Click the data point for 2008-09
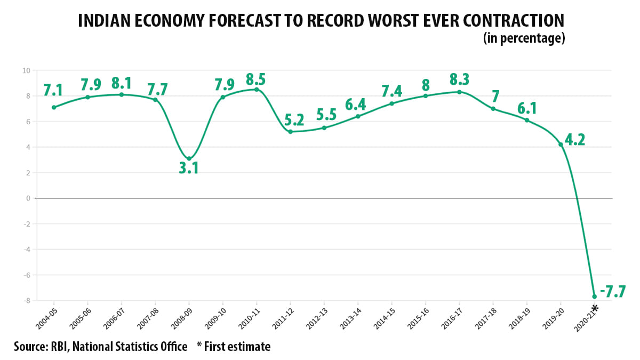[189, 158]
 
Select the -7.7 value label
[612, 292]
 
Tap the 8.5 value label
[256, 80]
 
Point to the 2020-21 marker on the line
[594, 297]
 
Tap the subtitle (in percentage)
[524, 38]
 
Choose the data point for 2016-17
[459, 92]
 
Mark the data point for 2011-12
[290, 132]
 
